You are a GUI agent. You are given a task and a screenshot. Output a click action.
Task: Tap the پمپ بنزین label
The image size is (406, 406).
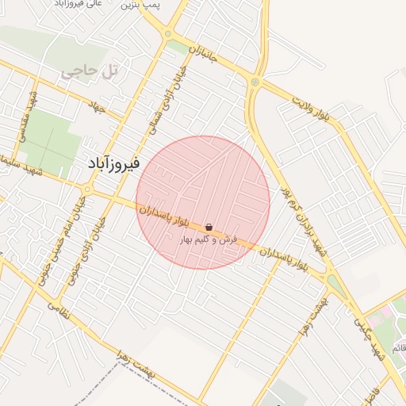pyautogui.click(x=142, y=6)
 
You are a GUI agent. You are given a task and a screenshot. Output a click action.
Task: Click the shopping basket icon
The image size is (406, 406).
pyautogui.click(x=209, y=227)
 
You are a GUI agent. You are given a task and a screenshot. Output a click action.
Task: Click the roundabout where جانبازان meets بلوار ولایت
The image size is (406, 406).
pyautogui.click(x=255, y=81)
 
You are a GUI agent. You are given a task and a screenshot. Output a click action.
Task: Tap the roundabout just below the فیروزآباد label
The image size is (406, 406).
pyautogui.click(x=86, y=190)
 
